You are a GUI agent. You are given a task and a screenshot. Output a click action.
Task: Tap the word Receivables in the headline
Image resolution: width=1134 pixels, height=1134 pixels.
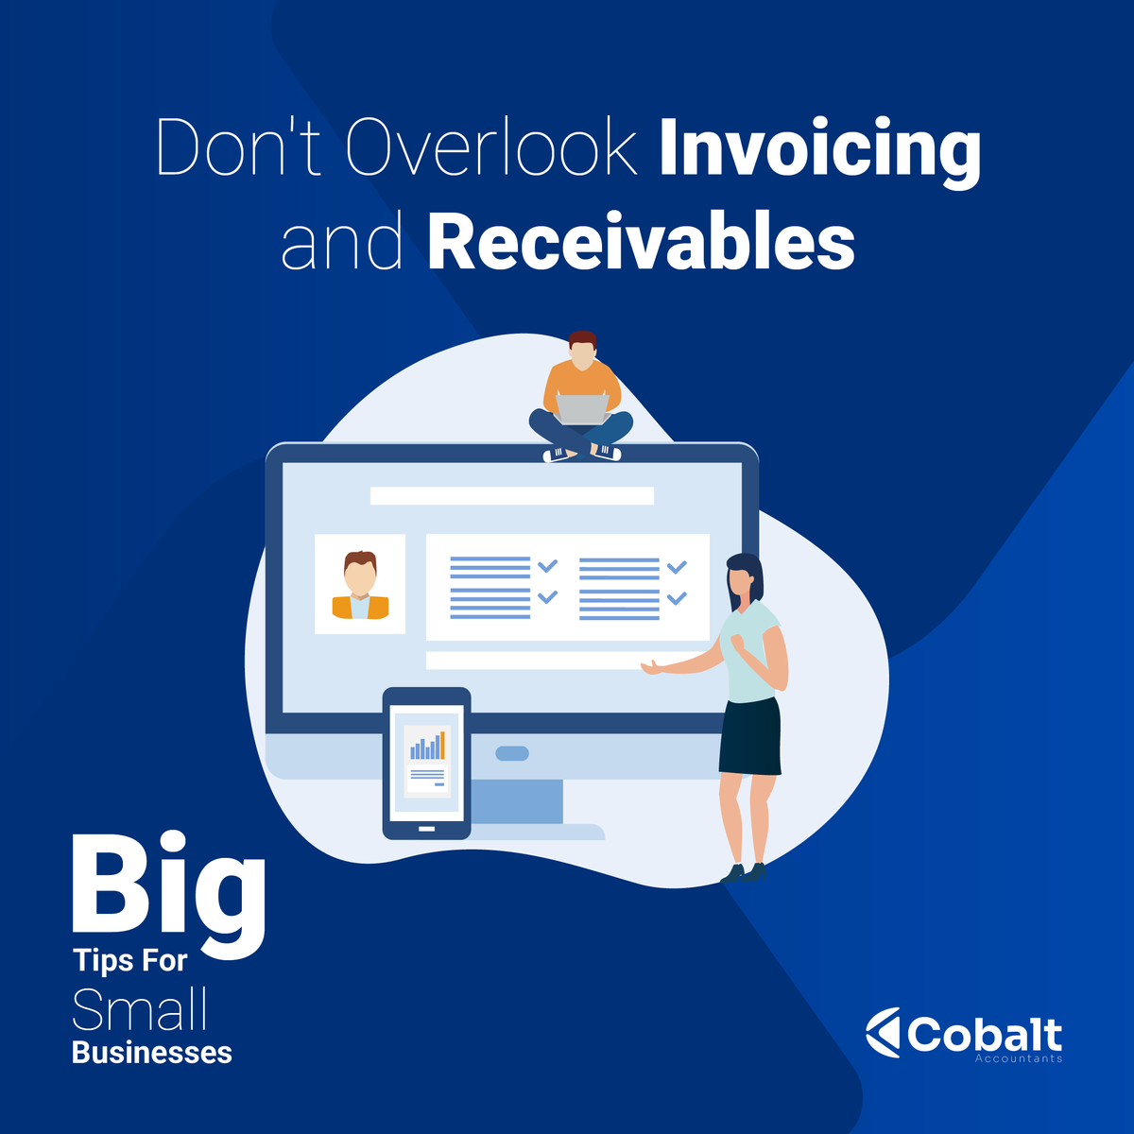coord(641,242)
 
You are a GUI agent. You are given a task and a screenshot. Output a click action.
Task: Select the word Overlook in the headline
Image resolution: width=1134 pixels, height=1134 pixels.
coord(491,149)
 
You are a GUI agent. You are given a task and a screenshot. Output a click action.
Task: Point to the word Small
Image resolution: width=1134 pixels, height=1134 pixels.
coord(140,1010)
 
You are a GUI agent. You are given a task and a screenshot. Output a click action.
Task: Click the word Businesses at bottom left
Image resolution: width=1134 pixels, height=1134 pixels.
coord(152,1052)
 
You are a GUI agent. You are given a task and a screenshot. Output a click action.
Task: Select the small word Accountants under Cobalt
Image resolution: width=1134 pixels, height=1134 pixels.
coord(1019,1058)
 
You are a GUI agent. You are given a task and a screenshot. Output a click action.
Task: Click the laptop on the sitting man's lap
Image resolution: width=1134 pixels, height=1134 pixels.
coord(581,409)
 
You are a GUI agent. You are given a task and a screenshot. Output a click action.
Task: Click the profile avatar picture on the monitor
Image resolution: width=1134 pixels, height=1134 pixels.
coord(360,584)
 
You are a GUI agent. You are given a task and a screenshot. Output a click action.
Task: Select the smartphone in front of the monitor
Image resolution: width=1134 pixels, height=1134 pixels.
coord(426,763)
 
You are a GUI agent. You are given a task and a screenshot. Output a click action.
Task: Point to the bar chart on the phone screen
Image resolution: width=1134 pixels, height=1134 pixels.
coord(427,747)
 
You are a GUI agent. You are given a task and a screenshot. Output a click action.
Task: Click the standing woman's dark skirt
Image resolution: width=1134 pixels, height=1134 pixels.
coord(750,737)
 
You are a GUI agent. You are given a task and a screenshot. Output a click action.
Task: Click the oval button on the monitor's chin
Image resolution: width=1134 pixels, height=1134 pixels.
coord(512,753)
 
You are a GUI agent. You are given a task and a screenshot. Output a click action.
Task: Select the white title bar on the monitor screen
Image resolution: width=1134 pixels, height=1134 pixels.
coord(511,495)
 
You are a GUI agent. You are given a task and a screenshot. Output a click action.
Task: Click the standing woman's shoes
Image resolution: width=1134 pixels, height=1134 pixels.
coord(744,873)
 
